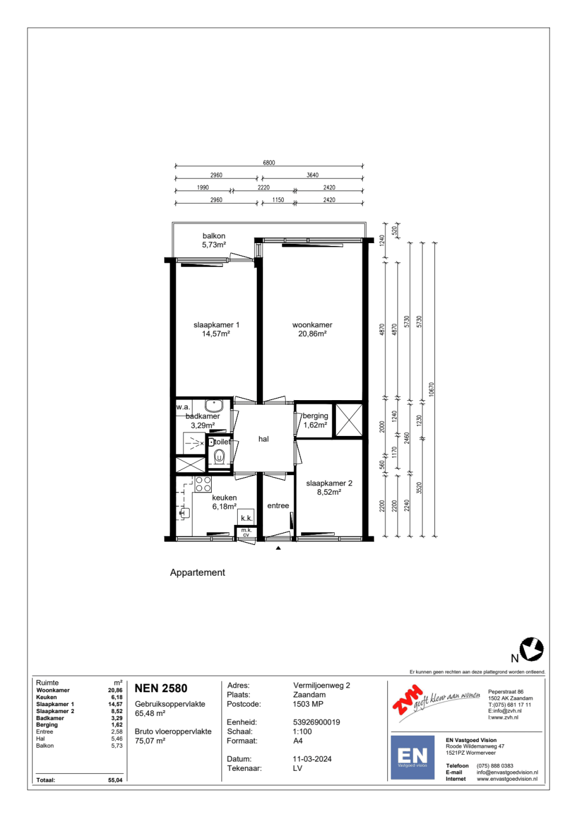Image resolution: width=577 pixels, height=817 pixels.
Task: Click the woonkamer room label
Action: (x=312, y=325)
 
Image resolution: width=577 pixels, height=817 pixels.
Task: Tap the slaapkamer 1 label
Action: (x=216, y=325)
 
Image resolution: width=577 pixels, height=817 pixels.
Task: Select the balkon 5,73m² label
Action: (x=214, y=240)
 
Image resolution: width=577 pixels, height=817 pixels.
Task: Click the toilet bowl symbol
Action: (x=219, y=456)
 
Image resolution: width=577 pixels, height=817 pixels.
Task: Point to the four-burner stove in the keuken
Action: (x=203, y=484)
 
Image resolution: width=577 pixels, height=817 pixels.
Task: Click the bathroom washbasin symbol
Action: (x=214, y=405)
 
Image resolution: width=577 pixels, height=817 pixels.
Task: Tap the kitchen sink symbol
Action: (x=184, y=513)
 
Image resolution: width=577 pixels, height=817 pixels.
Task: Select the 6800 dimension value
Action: (x=269, y=163)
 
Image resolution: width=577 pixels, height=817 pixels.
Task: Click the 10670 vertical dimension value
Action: (x=432, y=389)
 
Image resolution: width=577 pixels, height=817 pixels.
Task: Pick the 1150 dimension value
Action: (x=278, y=200)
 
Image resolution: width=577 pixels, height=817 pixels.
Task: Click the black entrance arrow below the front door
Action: (x=278, y=547)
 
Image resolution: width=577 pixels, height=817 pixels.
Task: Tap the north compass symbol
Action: (x=531, y=649)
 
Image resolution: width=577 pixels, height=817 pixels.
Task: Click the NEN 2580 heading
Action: (x=161, y=688)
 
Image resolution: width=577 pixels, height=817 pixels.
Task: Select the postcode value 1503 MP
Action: (x=308, y=704)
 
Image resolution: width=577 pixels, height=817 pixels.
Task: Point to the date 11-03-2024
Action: (x=312, y=759)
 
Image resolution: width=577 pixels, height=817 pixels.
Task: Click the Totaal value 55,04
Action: (x=115, y=780)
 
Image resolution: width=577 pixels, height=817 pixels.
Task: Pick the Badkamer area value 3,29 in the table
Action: (x=117, y=718)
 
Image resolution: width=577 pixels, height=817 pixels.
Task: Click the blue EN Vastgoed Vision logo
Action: (x=412, y=757)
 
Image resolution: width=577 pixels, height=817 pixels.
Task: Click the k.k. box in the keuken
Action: (x=246, y=517)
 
